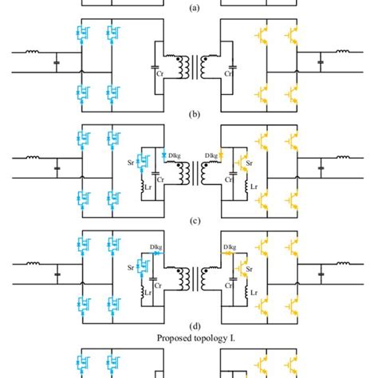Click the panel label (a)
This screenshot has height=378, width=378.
pyautogui.click(x=188, y=6)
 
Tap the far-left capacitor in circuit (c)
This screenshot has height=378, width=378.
pyautogui.click(x=57, y=169)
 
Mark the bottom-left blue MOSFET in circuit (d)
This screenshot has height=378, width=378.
pyautogui.click(x=82, y=306)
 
